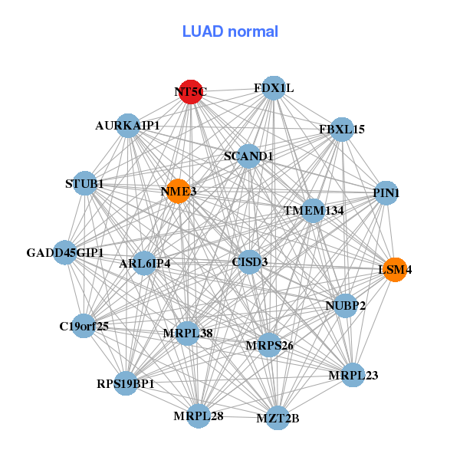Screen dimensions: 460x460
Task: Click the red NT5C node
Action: (190, 92)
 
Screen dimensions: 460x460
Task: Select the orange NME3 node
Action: (178, 192)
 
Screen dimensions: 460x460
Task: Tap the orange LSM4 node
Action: (395, 270)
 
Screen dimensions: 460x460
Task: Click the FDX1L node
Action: (274, 88)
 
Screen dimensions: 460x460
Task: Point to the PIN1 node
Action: (386, 193)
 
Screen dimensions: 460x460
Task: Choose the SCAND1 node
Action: (248, 156)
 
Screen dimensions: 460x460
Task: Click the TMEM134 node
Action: (314, 210)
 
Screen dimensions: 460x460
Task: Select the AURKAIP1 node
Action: (128, 125)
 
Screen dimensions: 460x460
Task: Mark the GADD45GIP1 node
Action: (65, 252)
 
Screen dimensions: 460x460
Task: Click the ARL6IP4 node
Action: (145, 264)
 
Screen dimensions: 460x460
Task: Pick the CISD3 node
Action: (250, 262)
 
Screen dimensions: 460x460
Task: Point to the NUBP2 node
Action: (346, 306)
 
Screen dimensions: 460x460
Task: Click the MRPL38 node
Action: (188, 333)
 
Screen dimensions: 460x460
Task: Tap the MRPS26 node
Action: (270, 345)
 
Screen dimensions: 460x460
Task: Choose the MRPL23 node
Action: (353, 375)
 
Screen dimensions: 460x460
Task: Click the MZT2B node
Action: (278, 418)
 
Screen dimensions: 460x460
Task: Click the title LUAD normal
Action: (230, 31)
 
